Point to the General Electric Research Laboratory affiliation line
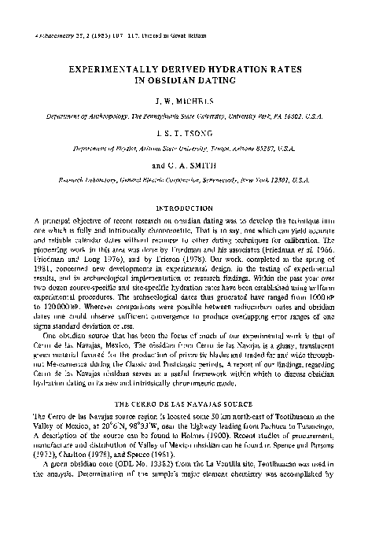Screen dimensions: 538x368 coord(184,181)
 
